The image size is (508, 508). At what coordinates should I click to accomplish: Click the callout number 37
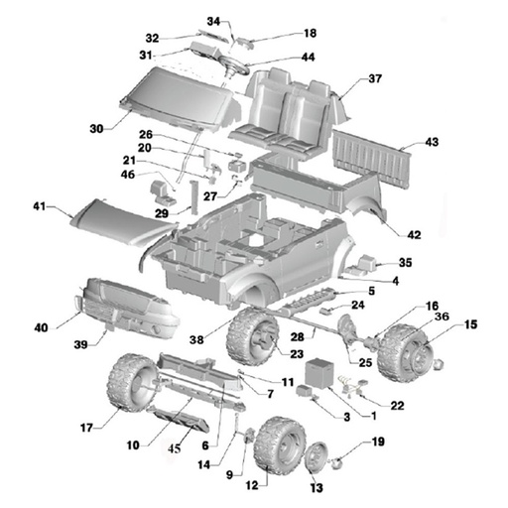point(375,78)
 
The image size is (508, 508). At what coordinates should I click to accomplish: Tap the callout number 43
point(432,143)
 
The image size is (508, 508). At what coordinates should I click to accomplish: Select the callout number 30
point(96,129)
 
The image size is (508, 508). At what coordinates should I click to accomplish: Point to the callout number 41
point(40,207)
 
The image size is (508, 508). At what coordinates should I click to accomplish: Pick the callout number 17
point(86,429)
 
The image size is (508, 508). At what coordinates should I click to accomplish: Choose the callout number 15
point(470,324)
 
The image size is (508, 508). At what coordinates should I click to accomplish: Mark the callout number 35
point(405,263)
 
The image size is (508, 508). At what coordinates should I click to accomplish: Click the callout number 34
point(213,21)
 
